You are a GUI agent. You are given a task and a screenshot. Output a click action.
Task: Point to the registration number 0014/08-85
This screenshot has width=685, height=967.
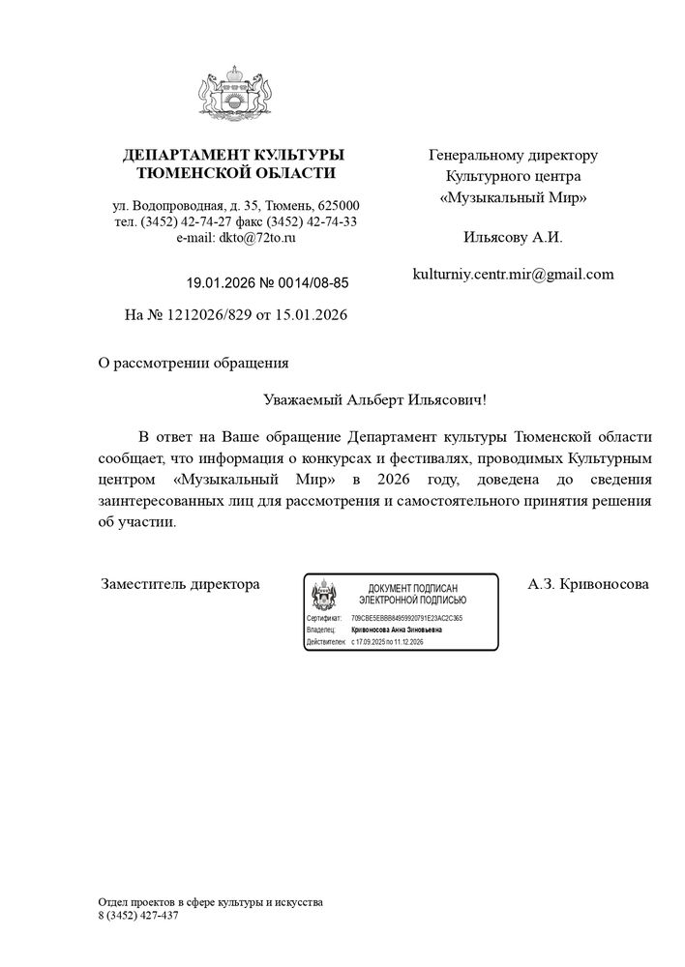pyautogui.click(x=312, y=283)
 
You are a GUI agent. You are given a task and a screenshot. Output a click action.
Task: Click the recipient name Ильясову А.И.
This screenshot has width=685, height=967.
pyautogui.click(x=513, y=236)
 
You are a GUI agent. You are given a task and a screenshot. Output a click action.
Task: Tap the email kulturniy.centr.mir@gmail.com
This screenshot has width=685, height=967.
pyautogui.click(x=513, y=274)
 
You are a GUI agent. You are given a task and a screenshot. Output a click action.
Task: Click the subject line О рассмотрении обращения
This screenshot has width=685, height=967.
pyautogui.click(x=194, y=364)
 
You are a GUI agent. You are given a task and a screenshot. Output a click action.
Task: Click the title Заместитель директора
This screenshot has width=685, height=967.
pyautogui.click(x=181, y=584)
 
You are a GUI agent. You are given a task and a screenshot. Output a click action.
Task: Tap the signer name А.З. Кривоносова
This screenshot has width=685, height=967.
pyautogui.click(x=588, y=584)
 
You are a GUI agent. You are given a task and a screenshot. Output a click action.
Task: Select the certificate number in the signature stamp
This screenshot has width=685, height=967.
pyautogui.click(x=406, y=616)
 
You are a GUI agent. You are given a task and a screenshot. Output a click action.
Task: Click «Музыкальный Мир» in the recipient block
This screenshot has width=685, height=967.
pyautogui.click(x=513, y=197)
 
